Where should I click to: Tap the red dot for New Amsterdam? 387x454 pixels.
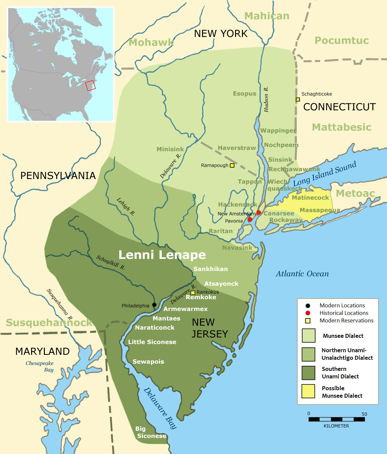259,213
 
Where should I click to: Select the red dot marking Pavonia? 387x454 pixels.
250,220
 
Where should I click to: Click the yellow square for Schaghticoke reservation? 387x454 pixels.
298,100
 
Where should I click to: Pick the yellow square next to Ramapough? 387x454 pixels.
232,166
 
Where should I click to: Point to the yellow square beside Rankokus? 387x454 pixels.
193,293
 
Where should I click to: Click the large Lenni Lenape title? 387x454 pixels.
162,255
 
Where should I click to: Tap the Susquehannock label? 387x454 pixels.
49,323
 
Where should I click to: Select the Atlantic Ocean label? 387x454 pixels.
302,274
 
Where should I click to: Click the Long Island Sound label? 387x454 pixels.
324,174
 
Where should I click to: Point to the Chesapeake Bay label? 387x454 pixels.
40,367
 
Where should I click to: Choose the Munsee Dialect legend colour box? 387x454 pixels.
308,336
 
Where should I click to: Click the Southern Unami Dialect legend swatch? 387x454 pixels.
308,372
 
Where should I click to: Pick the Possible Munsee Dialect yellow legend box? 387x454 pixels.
308,391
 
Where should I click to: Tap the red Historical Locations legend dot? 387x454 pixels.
308,313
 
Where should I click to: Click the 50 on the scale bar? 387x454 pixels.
364,414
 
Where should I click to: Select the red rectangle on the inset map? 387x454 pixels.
90,85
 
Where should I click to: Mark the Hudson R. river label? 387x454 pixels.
266,99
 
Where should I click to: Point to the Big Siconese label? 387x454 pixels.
151,432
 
